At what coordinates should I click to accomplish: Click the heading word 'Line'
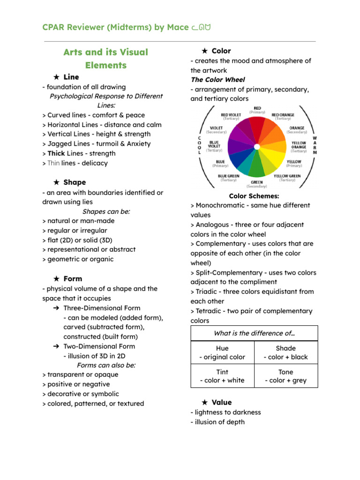pos(71,77)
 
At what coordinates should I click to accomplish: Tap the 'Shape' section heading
pos(75,182)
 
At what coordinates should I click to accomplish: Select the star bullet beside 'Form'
pos(56,279)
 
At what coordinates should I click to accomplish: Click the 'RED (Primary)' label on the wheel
pos(257,110)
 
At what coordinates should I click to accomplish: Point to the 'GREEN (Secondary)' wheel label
pos(257,184)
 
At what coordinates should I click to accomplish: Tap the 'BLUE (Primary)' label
pos(220,163)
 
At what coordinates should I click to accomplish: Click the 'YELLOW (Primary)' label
pos(294,163)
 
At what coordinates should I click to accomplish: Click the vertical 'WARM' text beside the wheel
pos(315,145)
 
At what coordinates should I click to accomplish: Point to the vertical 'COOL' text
pos(199,145)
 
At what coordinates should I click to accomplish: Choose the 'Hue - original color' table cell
pos(222,352)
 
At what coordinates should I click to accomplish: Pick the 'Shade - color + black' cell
pos(286,352)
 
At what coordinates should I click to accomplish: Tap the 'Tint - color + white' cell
pos(222,376)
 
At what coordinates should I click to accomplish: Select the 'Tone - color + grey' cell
pos(286,376)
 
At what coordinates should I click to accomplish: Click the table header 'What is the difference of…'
pos(254,333)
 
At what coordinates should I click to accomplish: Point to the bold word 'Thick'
pos(56,153)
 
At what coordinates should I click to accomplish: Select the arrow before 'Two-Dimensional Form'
pos(56,346)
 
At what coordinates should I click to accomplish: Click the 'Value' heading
pos(221,402)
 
